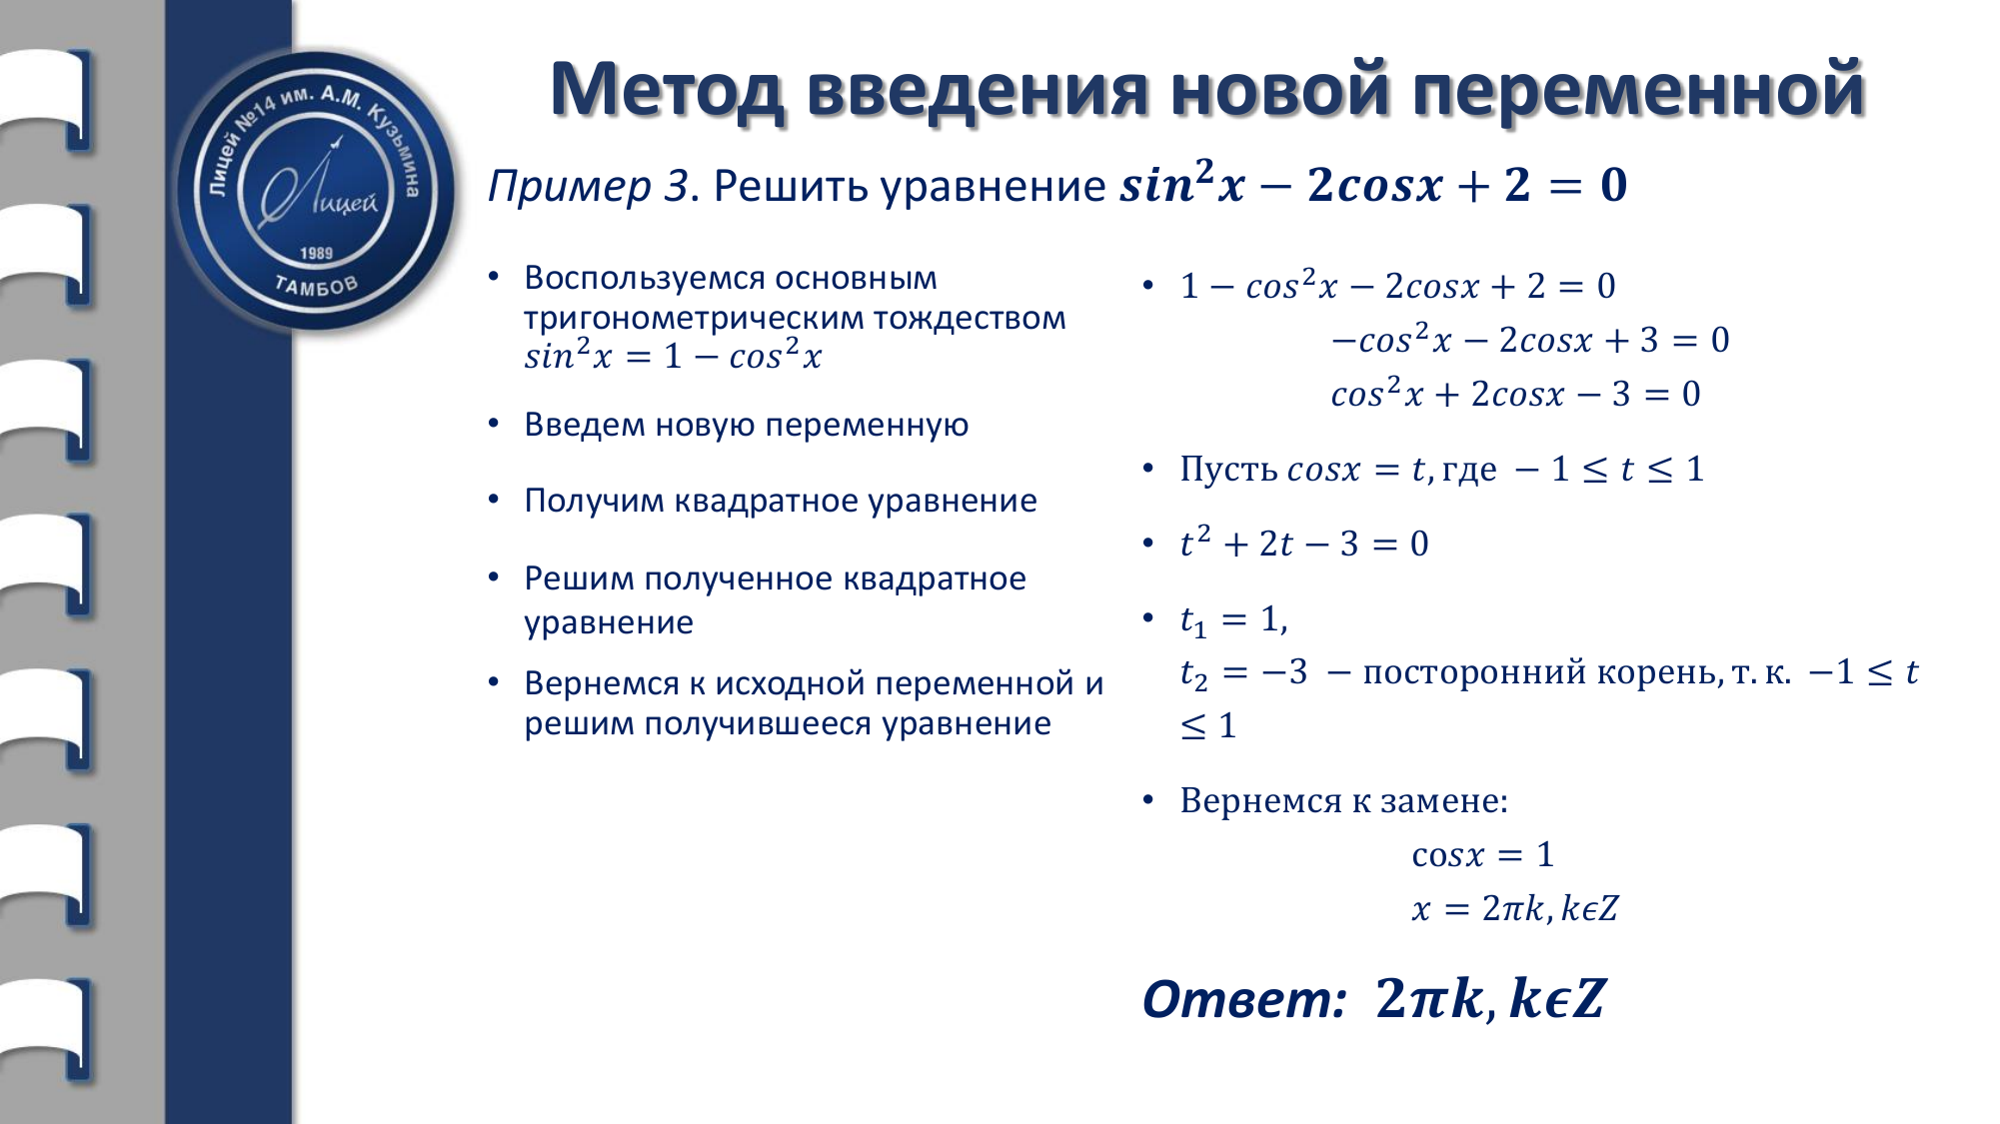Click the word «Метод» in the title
click(668, 90)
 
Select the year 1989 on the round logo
click(316, 254)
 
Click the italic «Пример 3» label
click(589, 187)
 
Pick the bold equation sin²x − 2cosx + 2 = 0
click(1373, 184)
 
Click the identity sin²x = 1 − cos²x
click(673, 356)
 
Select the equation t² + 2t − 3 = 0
click(1304, 544)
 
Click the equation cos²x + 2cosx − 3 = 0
click(1515, 394)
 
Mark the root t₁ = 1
click(1233, 620)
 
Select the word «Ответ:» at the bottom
click(1244, 999)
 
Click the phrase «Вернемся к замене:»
click(1343, 801)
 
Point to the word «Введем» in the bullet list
click(584, 425)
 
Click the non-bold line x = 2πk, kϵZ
click(1515, 909)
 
